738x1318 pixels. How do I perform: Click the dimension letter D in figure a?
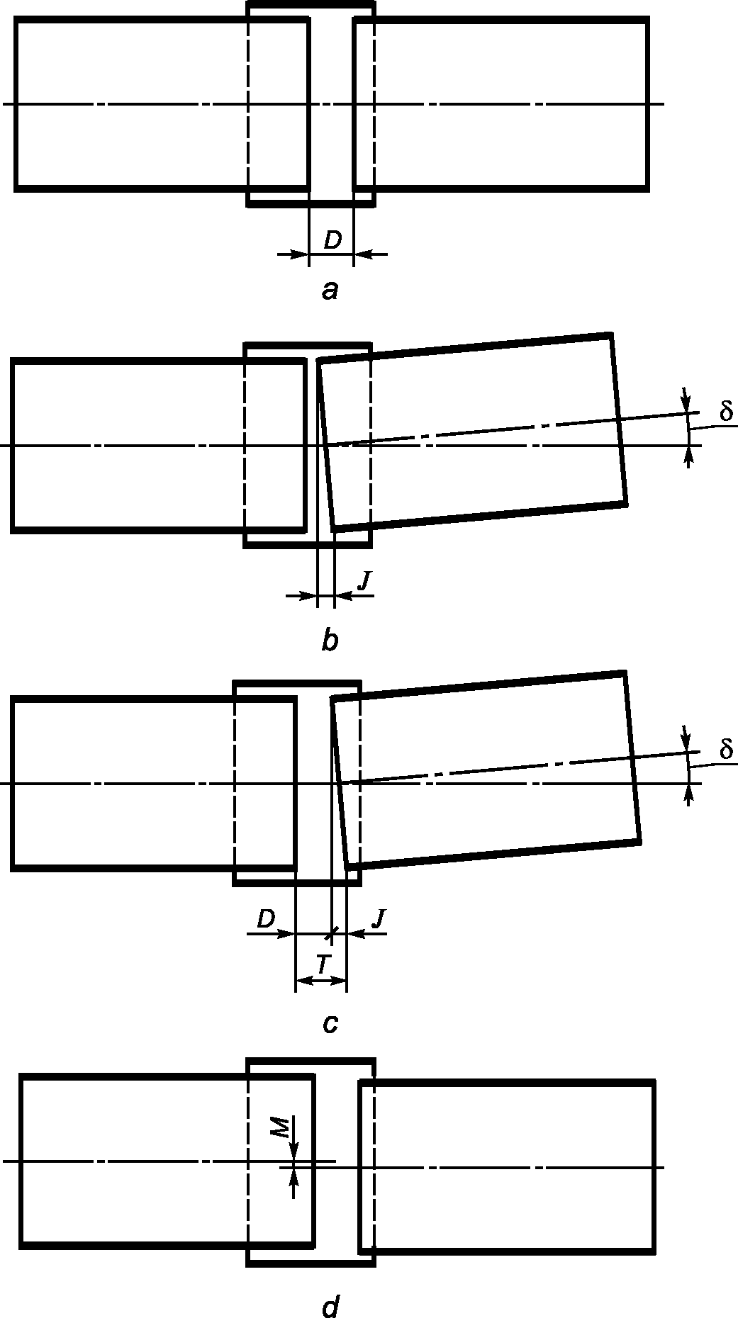point(332,241)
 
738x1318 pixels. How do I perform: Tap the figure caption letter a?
point(330,290)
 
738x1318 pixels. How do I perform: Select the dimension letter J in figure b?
point(364,581)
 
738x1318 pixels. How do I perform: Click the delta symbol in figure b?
point(725,411)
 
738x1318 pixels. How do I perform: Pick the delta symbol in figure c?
point(725,749)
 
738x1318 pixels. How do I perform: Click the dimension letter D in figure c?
point(266,919)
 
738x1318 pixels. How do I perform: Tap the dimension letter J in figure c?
point(379,919)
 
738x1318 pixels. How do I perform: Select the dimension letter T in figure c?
point(323,964)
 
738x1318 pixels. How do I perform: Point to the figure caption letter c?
point(330,1024)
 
